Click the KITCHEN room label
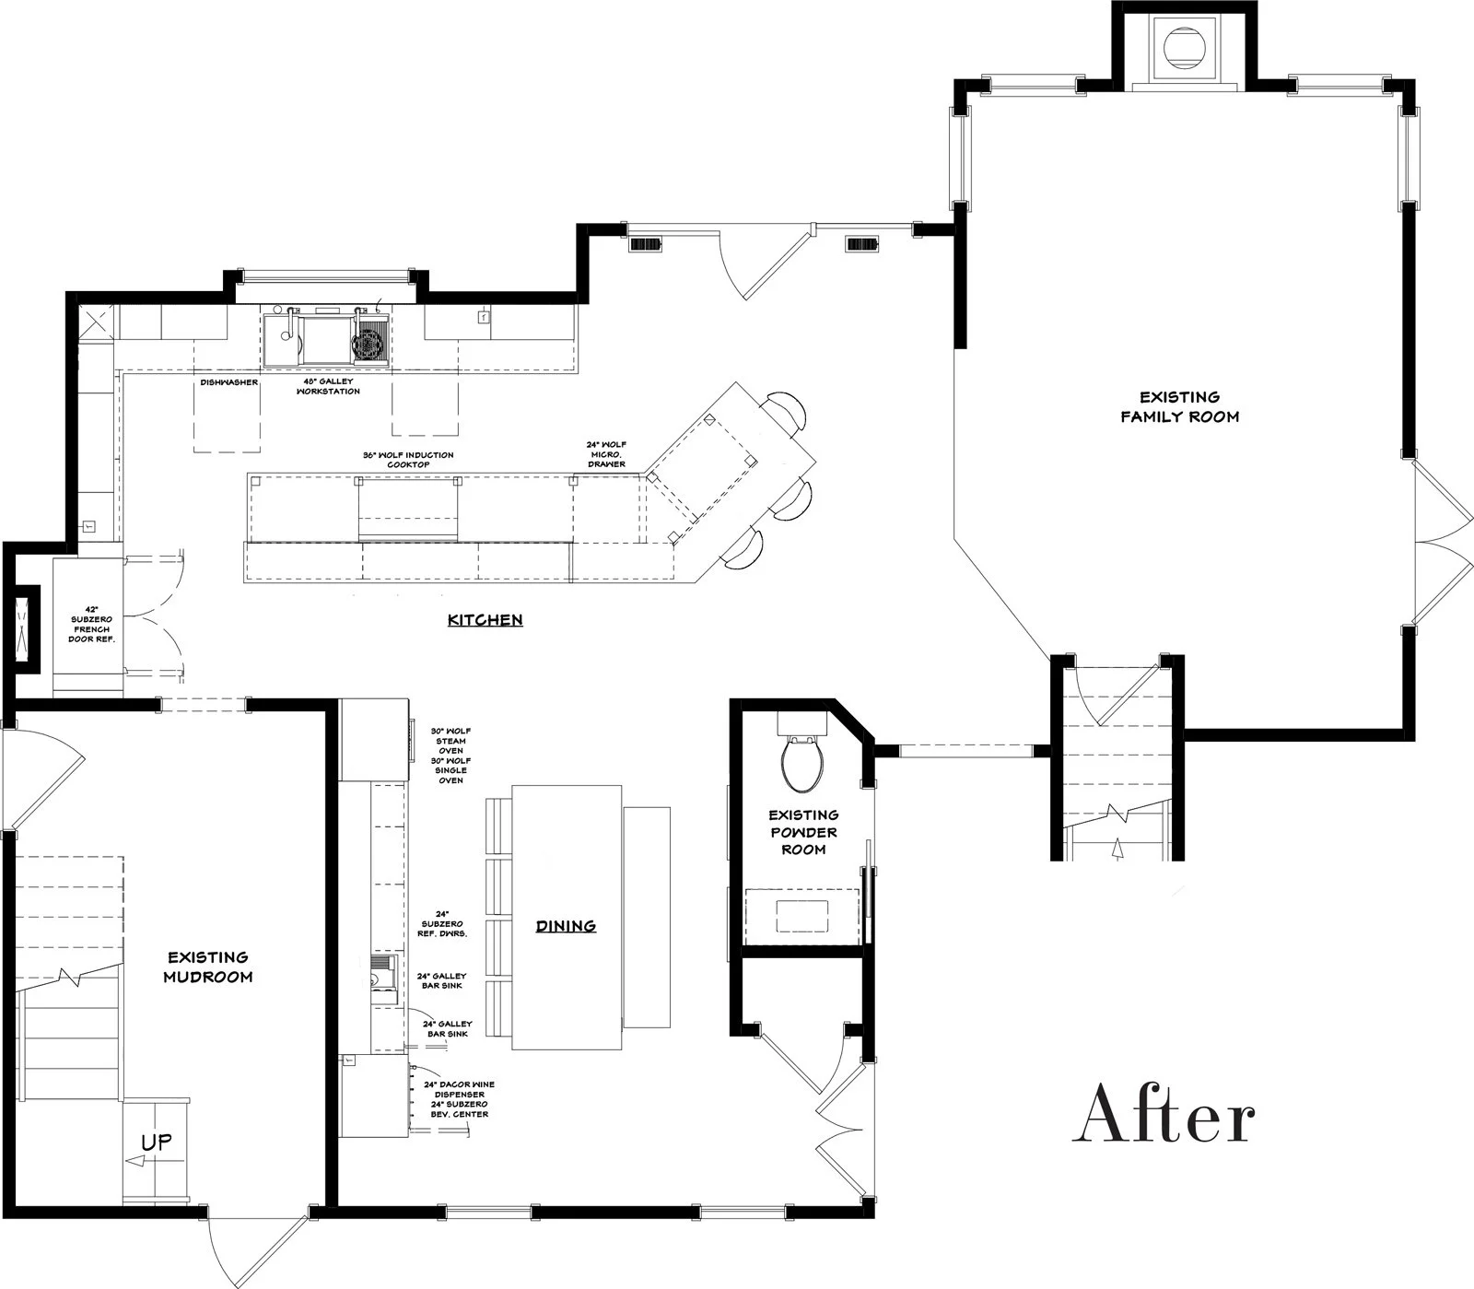(485, 620)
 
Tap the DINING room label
(566, 926)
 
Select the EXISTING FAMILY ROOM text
(1179, 406)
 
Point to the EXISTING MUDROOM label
(207, 967)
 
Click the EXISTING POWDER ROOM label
(803, 832)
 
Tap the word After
(1164, 1113)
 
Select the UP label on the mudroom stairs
(156, 1143)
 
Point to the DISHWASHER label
(229, 382)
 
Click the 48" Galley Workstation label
(327, 386)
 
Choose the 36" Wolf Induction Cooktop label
(407, 460)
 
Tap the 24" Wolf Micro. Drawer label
(605, 454)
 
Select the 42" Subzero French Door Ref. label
(92, 624)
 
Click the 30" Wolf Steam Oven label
(450, 741)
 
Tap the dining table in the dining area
(567, 866)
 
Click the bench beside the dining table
(647, 917)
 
